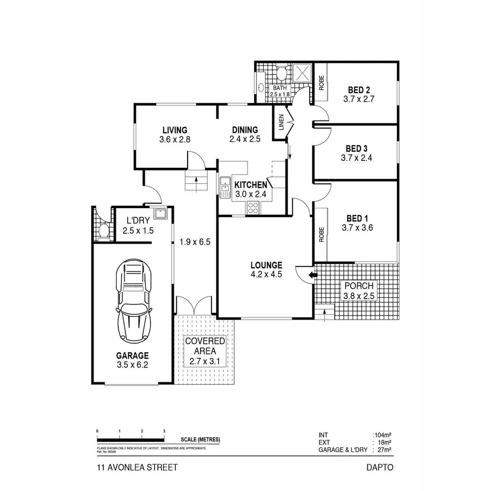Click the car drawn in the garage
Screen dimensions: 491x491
(134, 302)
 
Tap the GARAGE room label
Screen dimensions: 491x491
(132, 356)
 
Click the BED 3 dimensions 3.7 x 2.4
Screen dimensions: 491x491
(356, 158)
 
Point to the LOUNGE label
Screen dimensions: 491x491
(266, 265)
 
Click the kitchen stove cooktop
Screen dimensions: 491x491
(253, 207)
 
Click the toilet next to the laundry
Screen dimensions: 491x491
(103, 230)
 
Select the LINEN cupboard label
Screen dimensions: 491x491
(281, 122)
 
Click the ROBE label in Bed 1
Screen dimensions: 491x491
(321, 234)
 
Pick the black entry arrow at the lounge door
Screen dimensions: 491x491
(311, 275)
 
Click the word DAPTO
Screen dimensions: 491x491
(380, 467)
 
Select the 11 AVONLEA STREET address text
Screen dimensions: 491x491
(137, 467)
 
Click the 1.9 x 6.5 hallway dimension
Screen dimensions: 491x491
(195, 242)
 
